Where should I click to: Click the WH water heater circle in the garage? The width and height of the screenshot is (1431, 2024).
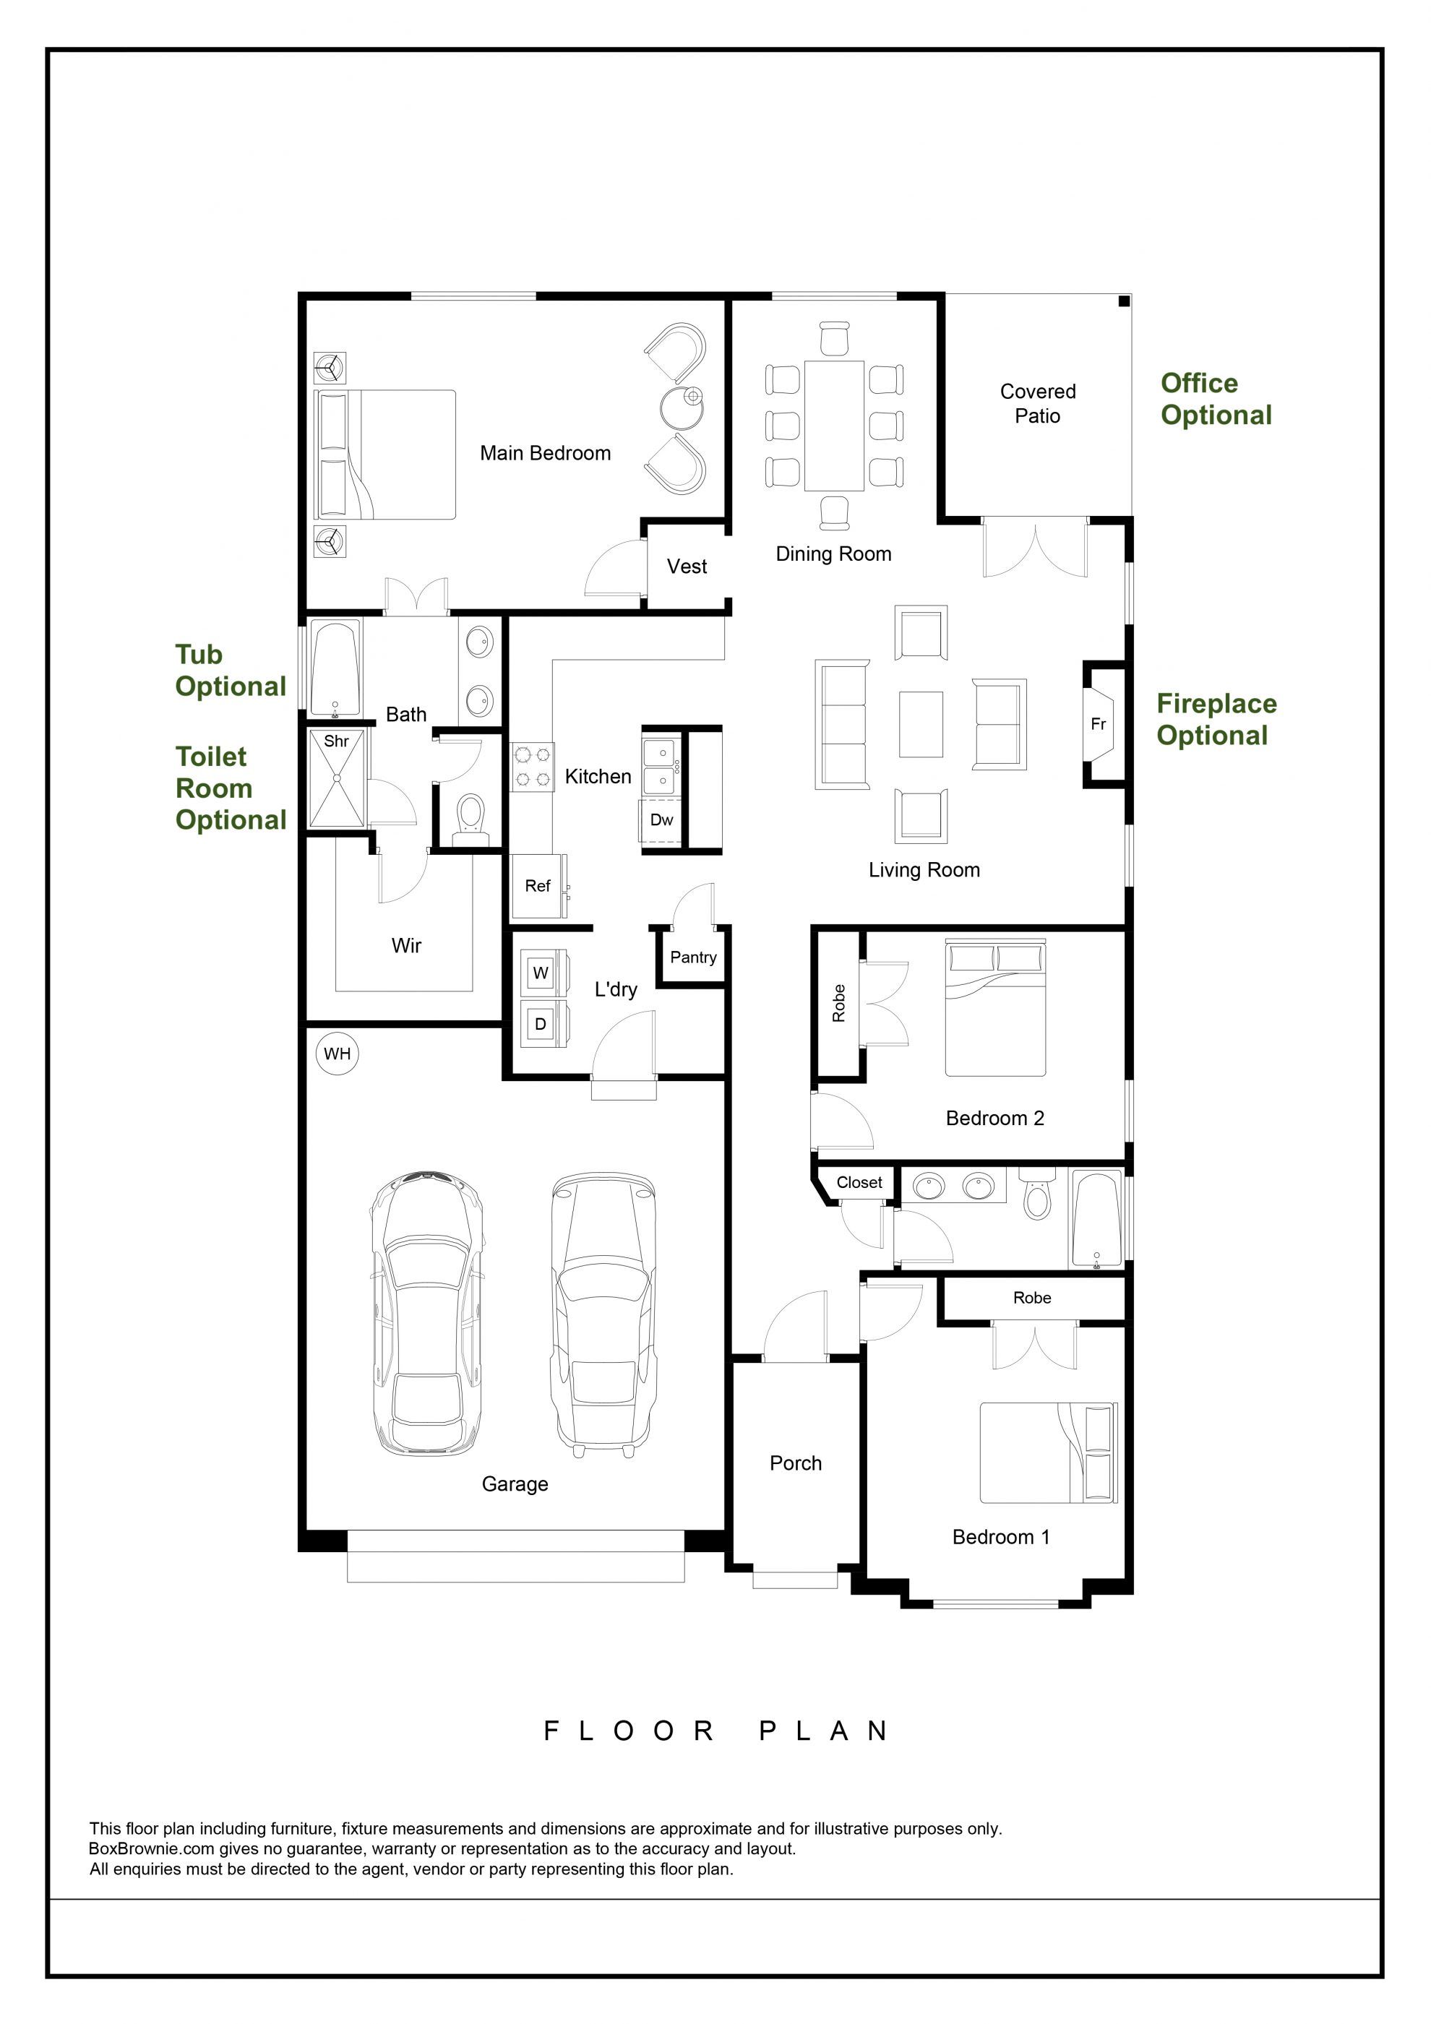(x=338, y=1054)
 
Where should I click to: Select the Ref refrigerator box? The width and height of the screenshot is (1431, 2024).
(x=538, y=886)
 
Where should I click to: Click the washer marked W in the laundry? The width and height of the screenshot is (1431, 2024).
(x=542, y=973)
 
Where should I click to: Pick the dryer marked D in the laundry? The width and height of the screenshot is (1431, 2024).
(x=542, y=1023)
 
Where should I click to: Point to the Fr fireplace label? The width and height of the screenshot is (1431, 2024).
(x=1098, y=724)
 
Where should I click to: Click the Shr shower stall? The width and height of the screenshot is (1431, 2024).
(x=336, y=778)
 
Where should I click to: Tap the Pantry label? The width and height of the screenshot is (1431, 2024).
(x=693, y=957)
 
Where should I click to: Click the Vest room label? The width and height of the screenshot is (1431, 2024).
(x=687, y=566)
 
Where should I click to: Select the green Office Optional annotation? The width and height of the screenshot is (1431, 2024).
(x=1216, y=400)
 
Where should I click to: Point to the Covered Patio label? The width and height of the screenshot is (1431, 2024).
(x=1038, y=404)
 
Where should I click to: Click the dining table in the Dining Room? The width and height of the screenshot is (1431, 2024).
(x=833, y=426)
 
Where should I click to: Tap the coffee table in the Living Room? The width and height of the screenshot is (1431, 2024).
(x=921, y=725)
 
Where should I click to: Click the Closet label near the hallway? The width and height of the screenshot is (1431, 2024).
(x=859, y=1182)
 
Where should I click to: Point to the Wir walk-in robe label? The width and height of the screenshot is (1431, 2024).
(x=406, y=946)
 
